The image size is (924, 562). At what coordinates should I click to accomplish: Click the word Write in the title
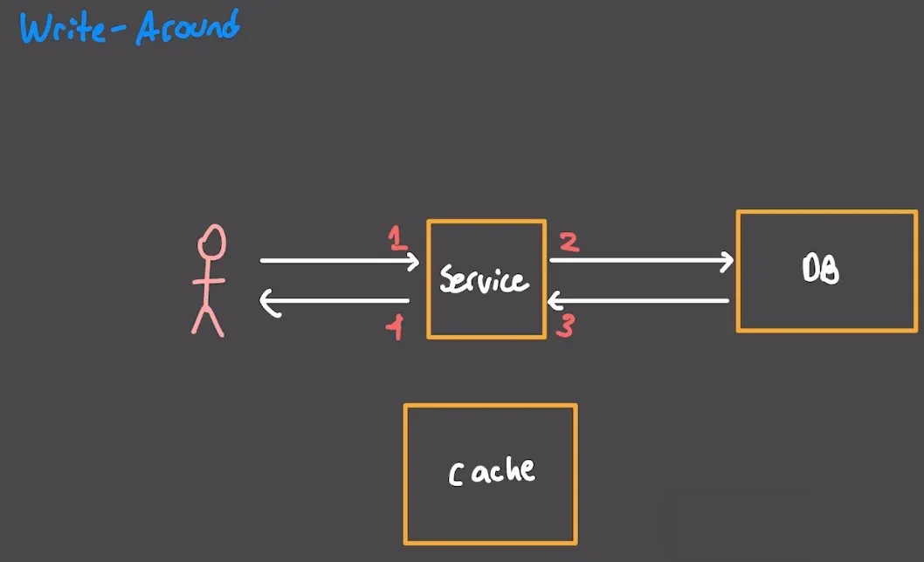tap(62, 29)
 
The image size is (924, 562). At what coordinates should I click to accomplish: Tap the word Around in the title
tap(187, 28)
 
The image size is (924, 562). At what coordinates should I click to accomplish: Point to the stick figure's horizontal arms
tap(209, 281)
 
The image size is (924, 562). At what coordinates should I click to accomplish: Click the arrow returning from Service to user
tap(335, 302)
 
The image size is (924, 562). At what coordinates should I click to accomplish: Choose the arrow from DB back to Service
tap(637, 301)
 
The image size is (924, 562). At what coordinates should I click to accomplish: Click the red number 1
tap(398, 238)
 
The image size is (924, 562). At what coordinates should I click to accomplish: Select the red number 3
tap(565, 327)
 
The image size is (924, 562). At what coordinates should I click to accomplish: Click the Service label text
tap(484, 279)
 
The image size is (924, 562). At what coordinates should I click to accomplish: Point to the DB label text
tap(820, 271)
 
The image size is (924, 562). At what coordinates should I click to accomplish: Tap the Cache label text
tap(492, 471)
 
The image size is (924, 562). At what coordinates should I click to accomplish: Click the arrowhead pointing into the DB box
tap(727, 260)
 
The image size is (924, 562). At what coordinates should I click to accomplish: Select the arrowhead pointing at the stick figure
tap(269, 303)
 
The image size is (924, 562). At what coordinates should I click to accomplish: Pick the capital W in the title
tap(36, 29)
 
